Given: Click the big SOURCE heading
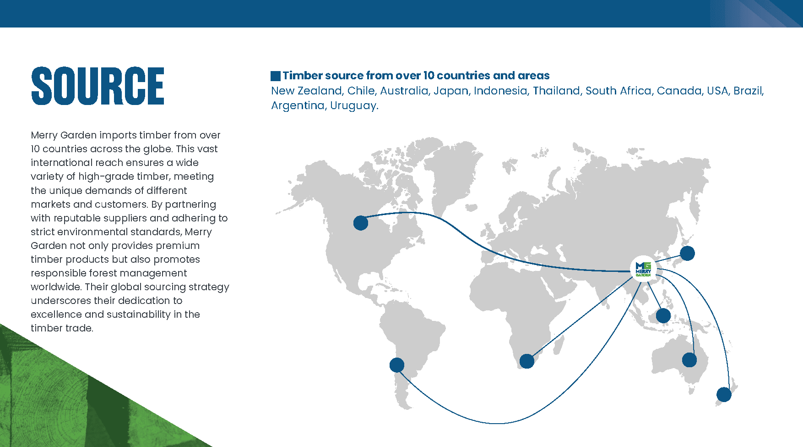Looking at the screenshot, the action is [98, 86].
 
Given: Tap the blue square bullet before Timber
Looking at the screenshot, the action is [276, 76].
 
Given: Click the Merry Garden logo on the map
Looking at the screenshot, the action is [643, 269].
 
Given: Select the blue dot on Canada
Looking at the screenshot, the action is [361, 223].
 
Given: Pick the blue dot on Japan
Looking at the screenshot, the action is [687, 253].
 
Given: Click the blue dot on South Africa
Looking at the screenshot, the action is [527, 361].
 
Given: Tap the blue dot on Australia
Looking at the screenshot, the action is [689, 360].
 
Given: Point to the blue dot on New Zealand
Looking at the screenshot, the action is [724, 394].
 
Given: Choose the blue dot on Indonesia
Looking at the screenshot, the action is [663, 315].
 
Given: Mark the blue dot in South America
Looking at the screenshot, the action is [397, 365].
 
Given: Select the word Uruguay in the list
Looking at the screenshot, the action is [354, 106].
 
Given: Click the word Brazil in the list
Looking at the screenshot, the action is [748, 91].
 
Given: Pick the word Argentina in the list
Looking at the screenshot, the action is [298, 106].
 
